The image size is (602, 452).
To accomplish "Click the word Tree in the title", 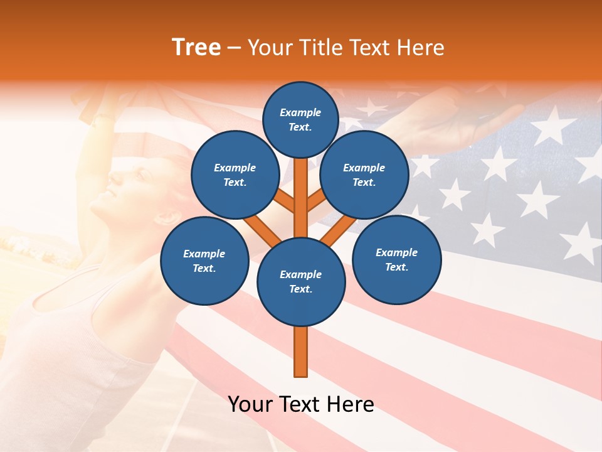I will pyautogui.click(x=196, y=48).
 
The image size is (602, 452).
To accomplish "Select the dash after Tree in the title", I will pyautogui.click(x=234, y=48).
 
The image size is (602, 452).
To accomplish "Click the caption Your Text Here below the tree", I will pyautogui.click(x=301, y=404).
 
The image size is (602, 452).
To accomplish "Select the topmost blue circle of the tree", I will pyautogui.click(x=300, y=119).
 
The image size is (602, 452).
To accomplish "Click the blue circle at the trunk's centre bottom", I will pyautogui.click(x=301, y=282).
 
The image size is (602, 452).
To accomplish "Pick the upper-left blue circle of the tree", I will pyautogui.click(x=235, y=175).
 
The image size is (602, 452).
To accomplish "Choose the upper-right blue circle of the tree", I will pyautogui.click(x=364, y=175).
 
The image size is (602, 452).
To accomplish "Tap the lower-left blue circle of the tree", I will pyautogui.click(x=204, y=261).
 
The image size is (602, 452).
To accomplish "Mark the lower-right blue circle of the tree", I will pyautogui.click(x=396, y=259).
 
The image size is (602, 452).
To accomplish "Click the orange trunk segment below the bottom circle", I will pyautogui.click(x=301, y=352).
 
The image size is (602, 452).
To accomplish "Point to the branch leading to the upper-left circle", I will pyautogui.click(x=285, y=202).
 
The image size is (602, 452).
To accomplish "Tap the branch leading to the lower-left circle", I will pyautogui.click(x=262, y=229).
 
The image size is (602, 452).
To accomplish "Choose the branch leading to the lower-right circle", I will pyautogui.click(x=339, y=229).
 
